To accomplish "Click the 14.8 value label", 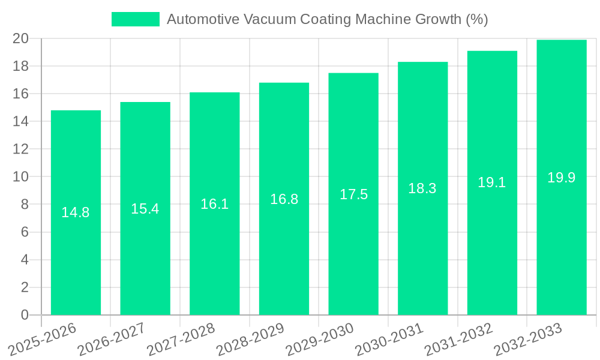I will pyautogui.click(x=76, y=212).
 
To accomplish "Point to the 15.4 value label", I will pyautogui.click(x=145, y=209).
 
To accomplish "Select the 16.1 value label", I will pyautogui.click(x=215, y=204).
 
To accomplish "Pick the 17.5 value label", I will pyautogui.click(x=353, y=194).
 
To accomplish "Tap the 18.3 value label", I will pyautogui.click(x=422, y=188).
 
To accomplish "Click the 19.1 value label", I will pyautogui.click(x=492, y=183).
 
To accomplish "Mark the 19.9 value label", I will pyautogui.click(x=562, y=178).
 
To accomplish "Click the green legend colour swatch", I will pyautogui.click(x=136, y=19).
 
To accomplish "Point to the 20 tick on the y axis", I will pyautogui.click(x=21, y=38).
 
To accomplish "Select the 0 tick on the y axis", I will pyautogui.click(x=25, y=315).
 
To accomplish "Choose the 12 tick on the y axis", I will pyautogui.click(x=21, y=149).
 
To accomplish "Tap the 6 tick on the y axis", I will pyautogui.click(x=25, y=232).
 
